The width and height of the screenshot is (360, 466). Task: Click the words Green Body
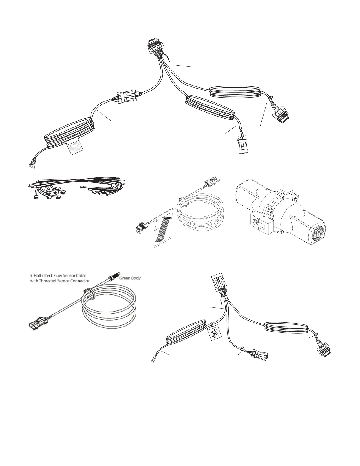click(130, 278)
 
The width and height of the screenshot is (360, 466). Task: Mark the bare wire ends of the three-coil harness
click(32, 164)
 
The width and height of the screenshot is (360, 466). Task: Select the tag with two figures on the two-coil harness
click(214, 333)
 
